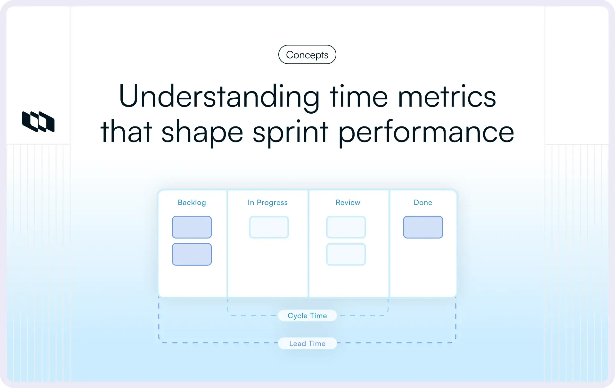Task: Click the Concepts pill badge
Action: (307, 55)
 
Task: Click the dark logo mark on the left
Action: (38, 122)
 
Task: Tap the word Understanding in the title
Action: (219, 96)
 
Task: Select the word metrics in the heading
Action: (447, 96)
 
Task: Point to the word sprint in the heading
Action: (290, 132)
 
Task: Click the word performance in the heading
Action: (426, 132)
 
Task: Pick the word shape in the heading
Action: (202, 132)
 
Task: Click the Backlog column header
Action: (192, 203)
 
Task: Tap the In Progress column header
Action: (267, 203)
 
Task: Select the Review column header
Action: (348, 203)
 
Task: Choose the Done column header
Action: (423, 203)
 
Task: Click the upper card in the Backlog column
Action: (192, 227)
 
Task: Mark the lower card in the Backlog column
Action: (192, 255)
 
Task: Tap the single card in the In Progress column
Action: (269, 227)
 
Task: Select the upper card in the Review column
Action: (346, 227)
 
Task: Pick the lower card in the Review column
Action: (346, 255)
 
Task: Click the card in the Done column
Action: (423, 227)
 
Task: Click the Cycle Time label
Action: (307, 316)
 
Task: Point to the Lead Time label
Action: (307, 344)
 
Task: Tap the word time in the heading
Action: (359, 96)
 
